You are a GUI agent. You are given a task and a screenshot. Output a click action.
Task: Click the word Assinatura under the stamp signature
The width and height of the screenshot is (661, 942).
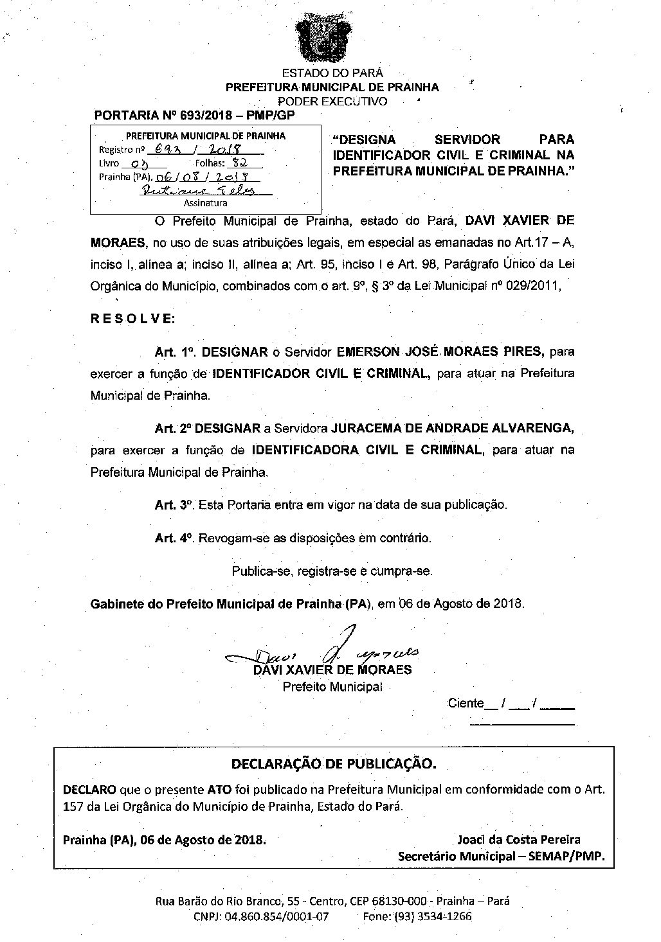(205, 203)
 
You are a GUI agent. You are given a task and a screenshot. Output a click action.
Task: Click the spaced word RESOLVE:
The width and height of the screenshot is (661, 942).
(132, 319)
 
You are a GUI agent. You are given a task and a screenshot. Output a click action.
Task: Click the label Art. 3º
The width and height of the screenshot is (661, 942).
(174, 505)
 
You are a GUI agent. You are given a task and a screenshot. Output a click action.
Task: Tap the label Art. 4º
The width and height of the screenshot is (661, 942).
(174, 538)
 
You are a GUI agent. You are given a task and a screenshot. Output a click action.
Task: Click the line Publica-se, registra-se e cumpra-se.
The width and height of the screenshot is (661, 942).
(332, 571)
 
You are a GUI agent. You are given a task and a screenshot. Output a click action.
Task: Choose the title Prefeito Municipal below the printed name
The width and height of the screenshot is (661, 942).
(332, 687)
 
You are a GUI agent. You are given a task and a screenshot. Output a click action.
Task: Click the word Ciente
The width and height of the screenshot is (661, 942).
(466, 703)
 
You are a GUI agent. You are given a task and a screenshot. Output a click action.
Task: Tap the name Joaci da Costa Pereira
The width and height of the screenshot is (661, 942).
(518, 839)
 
